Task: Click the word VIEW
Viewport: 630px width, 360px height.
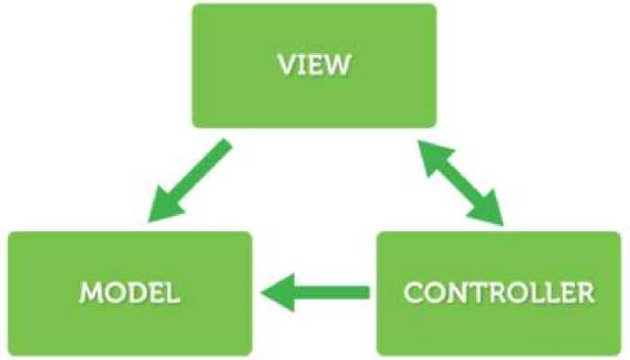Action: [x=313, y=66]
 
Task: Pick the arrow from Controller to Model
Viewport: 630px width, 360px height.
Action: [x=316, y=292]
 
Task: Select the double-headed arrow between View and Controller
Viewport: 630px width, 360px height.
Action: [x=460, y=181]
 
